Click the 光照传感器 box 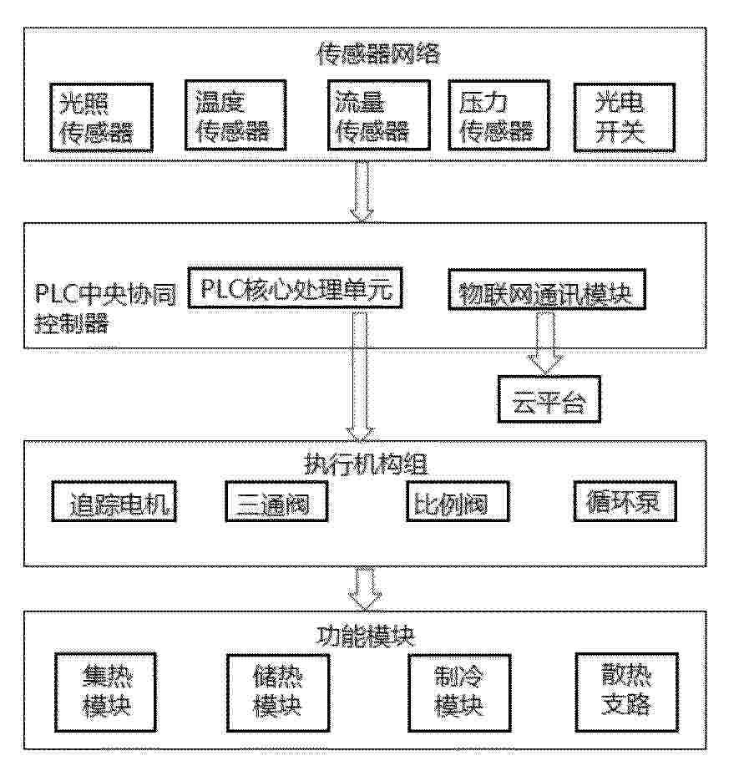101,117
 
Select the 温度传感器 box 235,115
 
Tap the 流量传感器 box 379,115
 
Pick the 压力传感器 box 499,115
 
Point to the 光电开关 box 625,117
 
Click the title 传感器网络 379,53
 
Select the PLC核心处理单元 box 296,288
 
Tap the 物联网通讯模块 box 547,289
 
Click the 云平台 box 549,399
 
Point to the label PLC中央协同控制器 105,308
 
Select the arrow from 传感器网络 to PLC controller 362,192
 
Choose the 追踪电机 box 114,501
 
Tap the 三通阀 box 276,501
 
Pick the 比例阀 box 458,501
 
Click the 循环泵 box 625,501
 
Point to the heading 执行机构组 366,464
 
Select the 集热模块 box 105,692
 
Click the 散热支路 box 627,692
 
